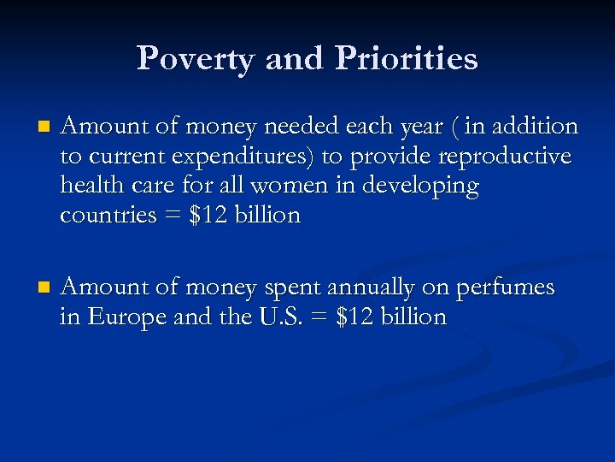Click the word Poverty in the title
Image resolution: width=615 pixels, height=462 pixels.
[196, 58]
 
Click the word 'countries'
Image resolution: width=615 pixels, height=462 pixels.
[108, 216]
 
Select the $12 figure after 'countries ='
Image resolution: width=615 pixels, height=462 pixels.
[208, 216]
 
